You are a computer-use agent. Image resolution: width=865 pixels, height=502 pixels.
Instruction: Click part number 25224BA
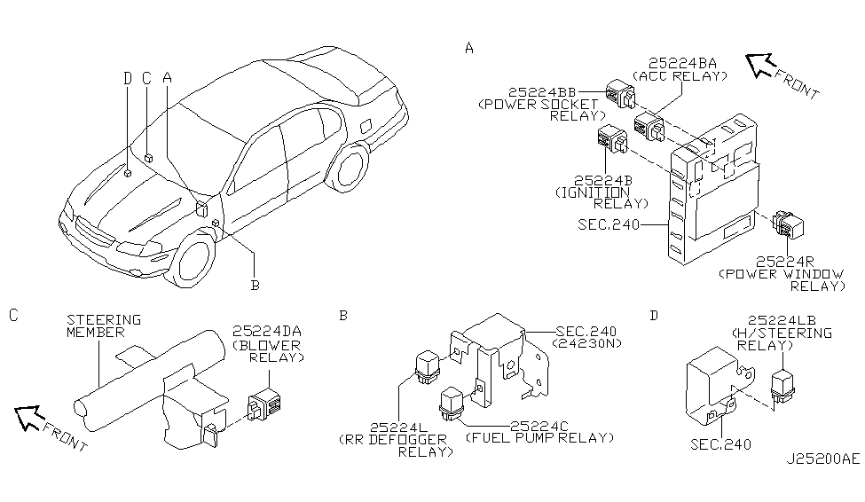[x=682, y=63]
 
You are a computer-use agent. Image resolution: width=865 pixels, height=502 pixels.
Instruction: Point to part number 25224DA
[x=267, y=332]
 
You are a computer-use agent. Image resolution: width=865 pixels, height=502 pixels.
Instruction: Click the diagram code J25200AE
[x=822, y=460]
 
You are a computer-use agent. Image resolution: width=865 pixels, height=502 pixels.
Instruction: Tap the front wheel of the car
[x=193, y=260]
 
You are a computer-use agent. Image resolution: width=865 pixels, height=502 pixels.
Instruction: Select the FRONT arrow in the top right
[x=760, y=65]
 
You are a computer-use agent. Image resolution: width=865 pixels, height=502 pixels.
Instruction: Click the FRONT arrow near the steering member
[x=31, y=414]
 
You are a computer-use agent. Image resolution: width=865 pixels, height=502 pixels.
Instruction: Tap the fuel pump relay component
[x=452, y=402]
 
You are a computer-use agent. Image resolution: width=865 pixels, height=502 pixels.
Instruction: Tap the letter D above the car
[x=128, y=78]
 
